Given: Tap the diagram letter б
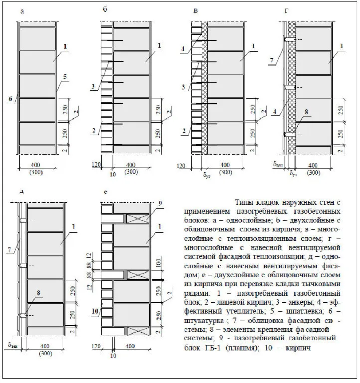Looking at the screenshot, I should coord(105,9).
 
